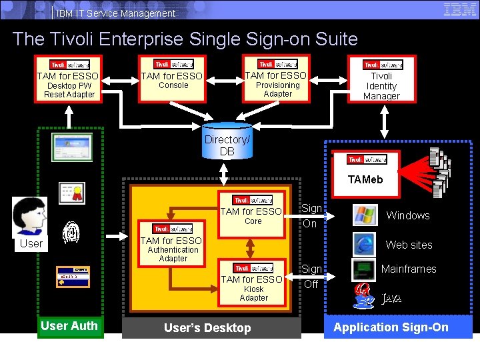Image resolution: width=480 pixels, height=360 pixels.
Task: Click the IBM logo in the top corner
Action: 459,9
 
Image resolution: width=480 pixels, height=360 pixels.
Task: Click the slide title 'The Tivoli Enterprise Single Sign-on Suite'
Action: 185,39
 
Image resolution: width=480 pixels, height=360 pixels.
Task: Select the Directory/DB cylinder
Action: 227,140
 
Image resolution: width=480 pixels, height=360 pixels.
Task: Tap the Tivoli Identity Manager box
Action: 382,79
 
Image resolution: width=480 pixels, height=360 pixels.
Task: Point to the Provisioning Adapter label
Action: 278,89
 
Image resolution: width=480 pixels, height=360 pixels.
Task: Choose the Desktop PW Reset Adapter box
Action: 68,79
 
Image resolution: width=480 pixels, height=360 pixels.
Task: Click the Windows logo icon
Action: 364,215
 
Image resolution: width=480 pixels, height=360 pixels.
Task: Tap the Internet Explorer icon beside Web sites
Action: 364,244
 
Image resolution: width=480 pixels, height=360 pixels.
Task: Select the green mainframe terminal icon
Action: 364,270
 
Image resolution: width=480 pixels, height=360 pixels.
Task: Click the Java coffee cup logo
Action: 364,296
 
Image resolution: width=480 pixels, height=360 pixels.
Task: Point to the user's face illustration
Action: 30,217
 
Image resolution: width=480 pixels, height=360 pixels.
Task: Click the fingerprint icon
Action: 71,234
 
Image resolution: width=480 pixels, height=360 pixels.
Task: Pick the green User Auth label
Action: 70,326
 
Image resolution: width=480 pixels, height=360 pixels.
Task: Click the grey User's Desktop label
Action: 208,328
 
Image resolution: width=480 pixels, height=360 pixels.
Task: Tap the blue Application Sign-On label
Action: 391,327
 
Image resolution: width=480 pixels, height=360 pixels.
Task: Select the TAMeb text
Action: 365,179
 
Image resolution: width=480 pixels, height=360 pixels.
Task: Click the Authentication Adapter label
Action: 173,254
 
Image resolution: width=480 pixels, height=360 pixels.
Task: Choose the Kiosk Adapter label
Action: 253,293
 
